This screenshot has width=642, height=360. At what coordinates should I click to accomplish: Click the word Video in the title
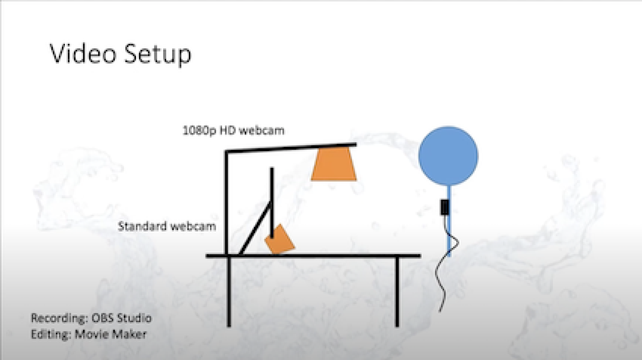tap(83, 54)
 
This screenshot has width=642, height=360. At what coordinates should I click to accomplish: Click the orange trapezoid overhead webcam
tap(334, 164)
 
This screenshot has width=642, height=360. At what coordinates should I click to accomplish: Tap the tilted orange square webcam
tap(279, 239)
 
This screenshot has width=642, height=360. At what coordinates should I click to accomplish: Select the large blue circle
tap(448, 156)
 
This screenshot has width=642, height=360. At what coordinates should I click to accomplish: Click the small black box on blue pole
tap(444, 207)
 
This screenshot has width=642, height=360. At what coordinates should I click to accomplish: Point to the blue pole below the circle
tap(449, 221)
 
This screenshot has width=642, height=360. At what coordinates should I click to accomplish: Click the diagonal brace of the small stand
tap(255, 228)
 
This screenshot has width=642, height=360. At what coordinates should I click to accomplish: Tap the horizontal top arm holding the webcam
tap(291, 148)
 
